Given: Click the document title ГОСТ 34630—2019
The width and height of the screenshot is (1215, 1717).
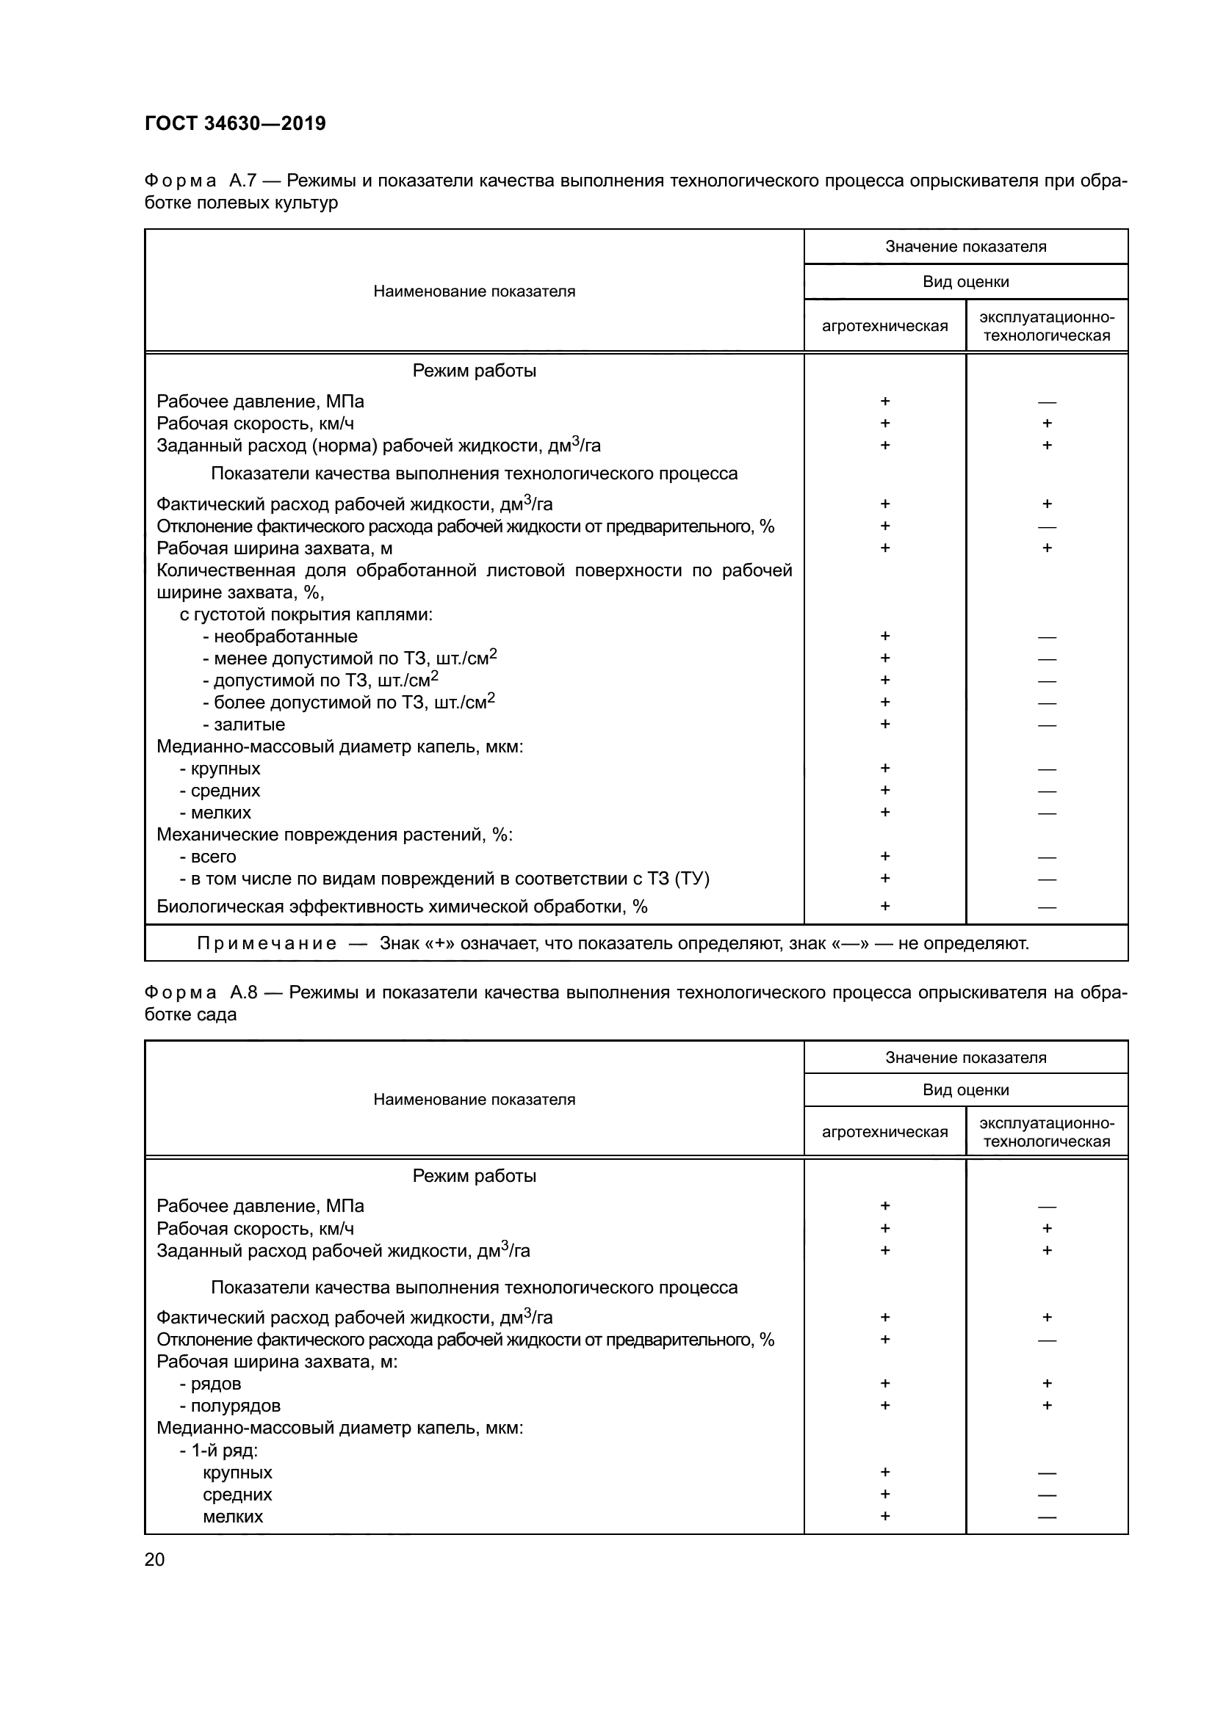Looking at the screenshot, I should coord(235,123).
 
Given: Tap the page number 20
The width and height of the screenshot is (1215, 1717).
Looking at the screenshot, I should coord(154,1559).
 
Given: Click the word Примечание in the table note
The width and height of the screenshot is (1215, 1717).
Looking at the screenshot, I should coord(267,944).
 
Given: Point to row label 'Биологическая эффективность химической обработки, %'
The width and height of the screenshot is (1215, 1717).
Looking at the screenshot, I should coord(402,907).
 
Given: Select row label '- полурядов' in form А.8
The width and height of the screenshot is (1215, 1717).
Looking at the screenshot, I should coord(230,1405).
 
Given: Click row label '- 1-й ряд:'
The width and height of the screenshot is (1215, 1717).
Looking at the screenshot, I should coord(218,1450).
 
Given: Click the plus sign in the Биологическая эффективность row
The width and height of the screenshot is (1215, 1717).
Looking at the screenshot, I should coord(885,907).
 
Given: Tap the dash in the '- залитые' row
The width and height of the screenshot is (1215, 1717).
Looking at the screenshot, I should coord(1047,725).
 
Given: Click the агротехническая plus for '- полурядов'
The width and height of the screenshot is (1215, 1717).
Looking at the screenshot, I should coord(885,1405).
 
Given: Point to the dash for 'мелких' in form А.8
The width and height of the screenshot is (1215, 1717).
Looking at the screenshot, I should coord(1047,1517).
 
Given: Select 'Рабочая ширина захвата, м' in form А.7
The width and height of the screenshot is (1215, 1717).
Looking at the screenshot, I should coord(275,548).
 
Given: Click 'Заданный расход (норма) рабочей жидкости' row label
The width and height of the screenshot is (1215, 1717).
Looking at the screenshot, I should coord(378,446).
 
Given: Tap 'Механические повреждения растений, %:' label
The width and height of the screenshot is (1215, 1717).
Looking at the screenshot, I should coord(334,835).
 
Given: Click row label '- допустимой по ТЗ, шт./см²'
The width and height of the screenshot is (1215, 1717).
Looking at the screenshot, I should coord(320,680).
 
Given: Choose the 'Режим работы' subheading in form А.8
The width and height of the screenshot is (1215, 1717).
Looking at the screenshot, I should coord(475,1175).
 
